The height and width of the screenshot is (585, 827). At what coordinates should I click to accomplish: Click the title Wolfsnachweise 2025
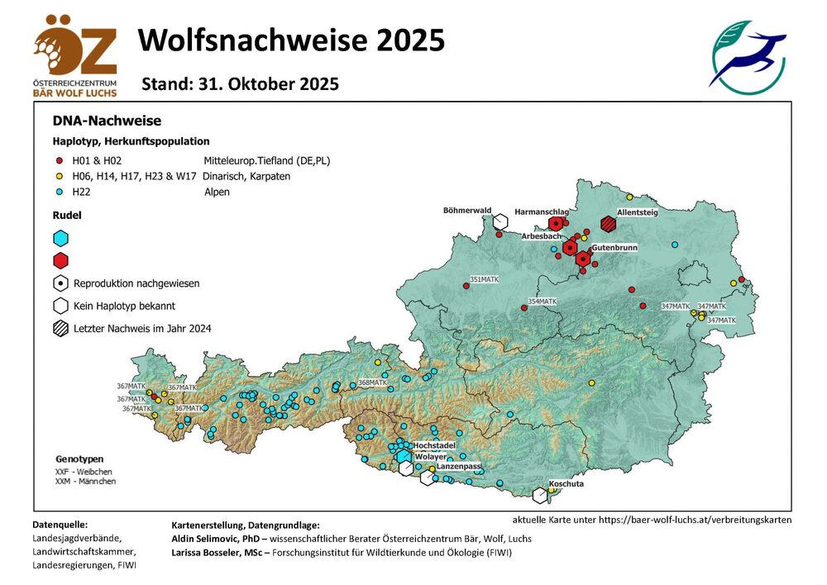[x=291, y=40]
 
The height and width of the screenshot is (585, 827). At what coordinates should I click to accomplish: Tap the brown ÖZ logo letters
[x=75, y=48]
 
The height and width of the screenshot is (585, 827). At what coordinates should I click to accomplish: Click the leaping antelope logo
[x=747, y=57]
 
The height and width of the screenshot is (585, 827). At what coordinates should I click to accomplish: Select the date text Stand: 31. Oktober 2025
[x=240, y=84]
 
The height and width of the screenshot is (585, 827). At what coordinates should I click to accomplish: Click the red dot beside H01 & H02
[x=58, y=160]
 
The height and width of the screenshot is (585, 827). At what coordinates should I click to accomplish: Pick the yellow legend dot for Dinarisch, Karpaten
[x=58, y=176]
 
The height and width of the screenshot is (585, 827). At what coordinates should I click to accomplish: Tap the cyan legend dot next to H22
[x=58, y=192]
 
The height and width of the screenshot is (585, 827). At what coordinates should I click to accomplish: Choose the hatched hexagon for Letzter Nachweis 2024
[x=60, y=328]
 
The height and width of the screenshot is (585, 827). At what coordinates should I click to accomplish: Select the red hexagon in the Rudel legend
[x=60, y=261]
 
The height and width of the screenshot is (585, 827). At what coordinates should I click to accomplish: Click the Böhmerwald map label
[x=467, y=210]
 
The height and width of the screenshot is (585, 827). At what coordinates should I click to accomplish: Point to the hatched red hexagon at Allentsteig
[x=609, y=224]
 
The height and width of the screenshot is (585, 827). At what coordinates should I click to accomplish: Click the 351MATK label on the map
[x=485, y=279]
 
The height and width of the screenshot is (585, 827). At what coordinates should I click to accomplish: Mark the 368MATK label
[x=373, y=383]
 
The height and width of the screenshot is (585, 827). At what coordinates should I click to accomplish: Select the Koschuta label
[x=566, y=484]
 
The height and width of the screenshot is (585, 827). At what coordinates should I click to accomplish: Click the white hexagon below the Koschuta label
[x=541, y=496]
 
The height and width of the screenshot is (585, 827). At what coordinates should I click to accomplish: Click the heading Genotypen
[x=79, y=458]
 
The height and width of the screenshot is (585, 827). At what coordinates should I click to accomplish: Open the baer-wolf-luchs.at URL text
[x=652, y=521]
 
